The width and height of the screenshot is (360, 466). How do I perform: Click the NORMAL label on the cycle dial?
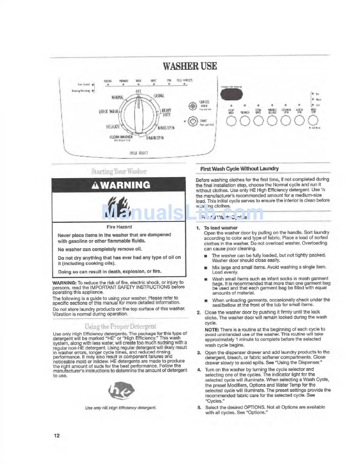point(117,97)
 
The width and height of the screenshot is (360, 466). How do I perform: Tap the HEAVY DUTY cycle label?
point(166,112)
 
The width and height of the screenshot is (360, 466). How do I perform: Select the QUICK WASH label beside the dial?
point(109,111)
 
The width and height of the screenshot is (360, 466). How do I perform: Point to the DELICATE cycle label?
point(113,127)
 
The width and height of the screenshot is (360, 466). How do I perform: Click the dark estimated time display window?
point(232,95)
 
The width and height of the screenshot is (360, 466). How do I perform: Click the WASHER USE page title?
point(190,66)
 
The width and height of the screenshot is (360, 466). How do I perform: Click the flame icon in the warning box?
point(119,207)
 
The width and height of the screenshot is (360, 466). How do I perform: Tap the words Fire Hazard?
point(119,227)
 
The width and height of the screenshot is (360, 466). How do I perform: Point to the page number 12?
point(56,436)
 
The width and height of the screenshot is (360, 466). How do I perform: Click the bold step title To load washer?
point(221,228)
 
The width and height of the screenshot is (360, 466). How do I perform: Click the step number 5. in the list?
point(199,407)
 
